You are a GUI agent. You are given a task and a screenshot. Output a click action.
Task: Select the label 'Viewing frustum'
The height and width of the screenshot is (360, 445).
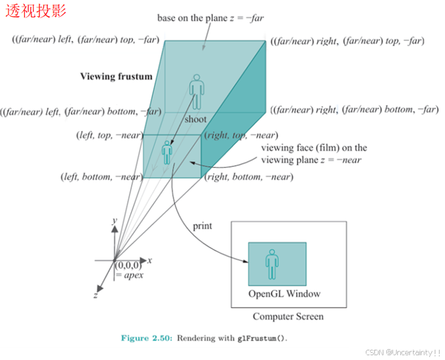point(116,77)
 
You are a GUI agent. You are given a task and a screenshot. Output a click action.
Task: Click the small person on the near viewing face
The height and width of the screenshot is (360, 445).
point(167,152)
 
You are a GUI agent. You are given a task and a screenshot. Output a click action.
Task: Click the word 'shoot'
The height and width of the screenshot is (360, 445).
point(195,120)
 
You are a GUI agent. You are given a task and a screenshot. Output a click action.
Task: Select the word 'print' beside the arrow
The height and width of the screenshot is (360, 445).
point(202,226)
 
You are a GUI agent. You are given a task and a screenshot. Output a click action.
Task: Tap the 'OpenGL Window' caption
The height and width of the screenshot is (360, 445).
point(284,294)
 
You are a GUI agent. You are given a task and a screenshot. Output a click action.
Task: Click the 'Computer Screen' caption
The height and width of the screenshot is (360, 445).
point(288,317)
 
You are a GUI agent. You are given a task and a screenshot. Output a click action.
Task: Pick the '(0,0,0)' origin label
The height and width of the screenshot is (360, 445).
point(129,265)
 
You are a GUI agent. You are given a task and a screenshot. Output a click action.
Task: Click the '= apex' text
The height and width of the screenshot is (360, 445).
point(129,275)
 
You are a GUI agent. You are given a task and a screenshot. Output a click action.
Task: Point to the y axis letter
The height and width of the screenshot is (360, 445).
point(114,222)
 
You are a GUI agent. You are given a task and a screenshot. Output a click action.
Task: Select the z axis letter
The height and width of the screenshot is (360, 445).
point(96,295)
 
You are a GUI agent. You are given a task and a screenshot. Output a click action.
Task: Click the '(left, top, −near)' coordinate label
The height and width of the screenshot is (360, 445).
point(109,136)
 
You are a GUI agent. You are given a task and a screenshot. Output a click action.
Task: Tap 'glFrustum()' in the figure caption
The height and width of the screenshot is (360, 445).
point(261,338)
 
